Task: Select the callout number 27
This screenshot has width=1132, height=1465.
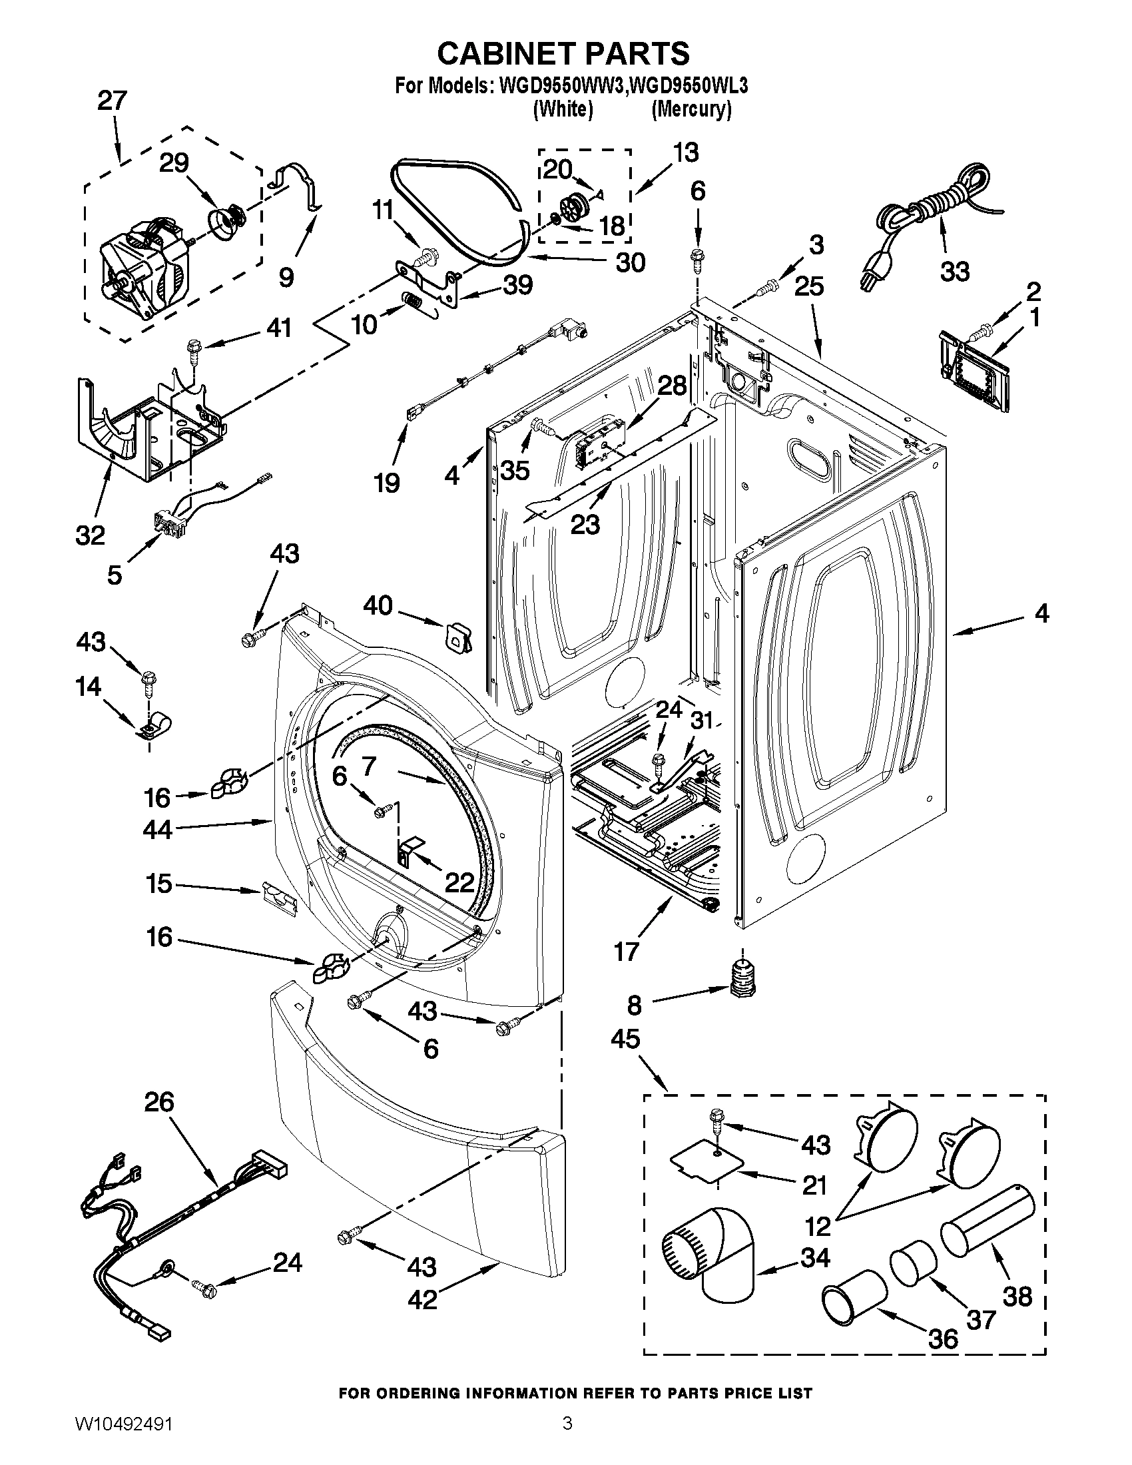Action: (112, 101)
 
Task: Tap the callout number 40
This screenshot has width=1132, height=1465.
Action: (378, 606)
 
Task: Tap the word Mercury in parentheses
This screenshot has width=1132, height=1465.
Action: (691, 109)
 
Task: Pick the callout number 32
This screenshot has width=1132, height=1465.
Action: (91, 535)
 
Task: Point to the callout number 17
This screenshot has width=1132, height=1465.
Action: (627, 950)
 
